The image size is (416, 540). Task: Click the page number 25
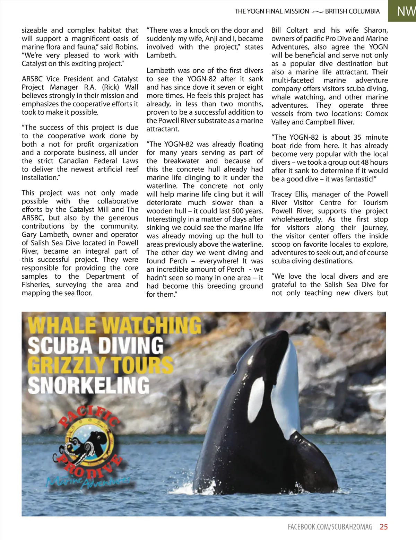383,527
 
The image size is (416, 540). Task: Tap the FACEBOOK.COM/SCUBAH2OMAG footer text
330,527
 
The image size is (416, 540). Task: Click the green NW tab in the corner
406,11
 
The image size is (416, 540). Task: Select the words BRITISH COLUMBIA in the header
352,11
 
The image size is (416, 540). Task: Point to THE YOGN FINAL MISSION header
271,11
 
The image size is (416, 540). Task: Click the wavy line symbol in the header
317,12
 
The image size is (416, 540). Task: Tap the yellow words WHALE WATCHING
114,326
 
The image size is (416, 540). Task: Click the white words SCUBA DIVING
95,346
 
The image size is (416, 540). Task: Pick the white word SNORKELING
89,385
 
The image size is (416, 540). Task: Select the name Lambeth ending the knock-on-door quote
161,55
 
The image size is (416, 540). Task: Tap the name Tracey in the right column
281,194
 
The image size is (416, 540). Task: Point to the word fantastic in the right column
357,179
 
